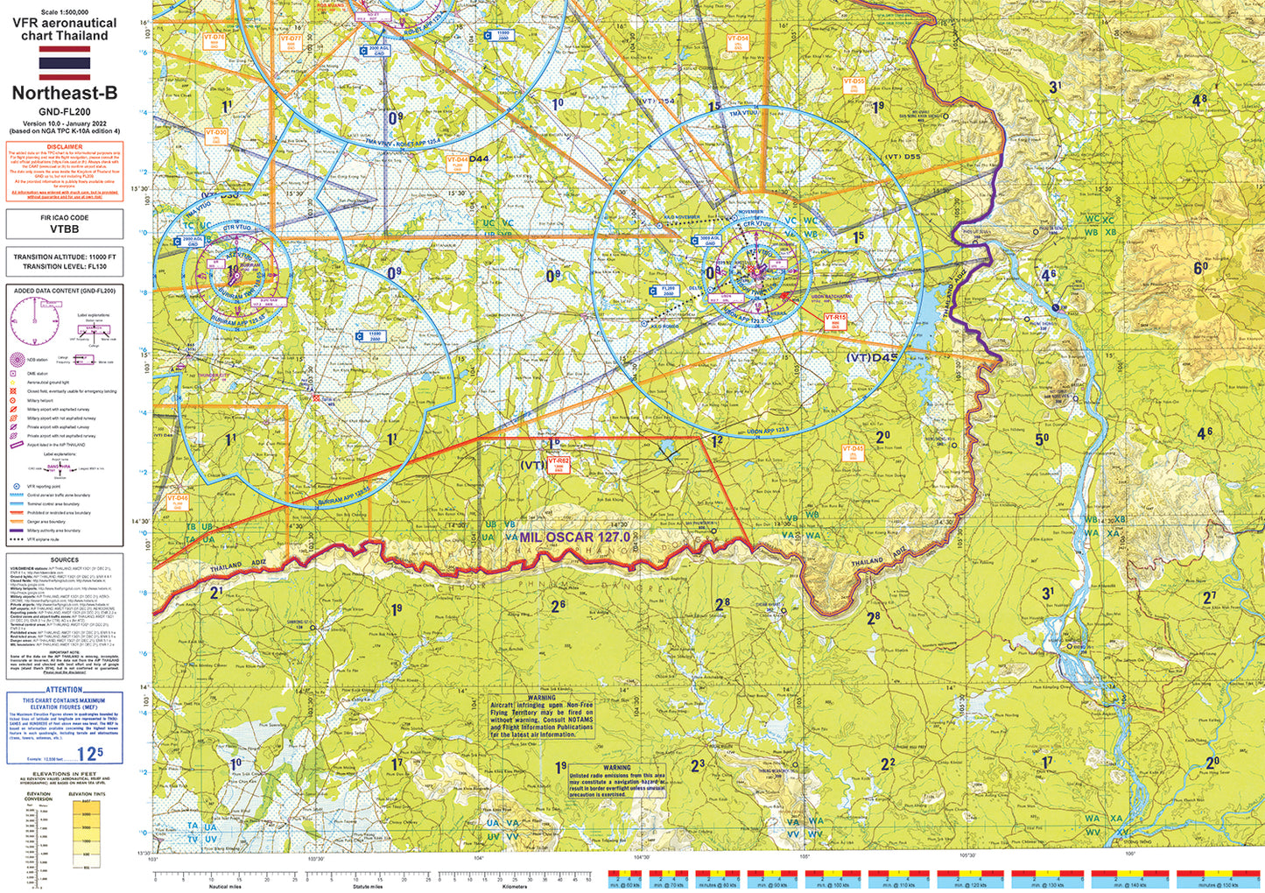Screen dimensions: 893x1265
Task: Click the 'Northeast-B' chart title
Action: (65, 93)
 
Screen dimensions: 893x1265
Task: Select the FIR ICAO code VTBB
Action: (65, 229)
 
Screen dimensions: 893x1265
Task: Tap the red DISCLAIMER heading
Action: (65, 147)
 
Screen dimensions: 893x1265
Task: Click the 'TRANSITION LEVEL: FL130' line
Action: (65, 266)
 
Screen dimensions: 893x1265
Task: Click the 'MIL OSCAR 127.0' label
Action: (574, 537)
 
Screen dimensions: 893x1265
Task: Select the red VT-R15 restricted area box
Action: (835, 321)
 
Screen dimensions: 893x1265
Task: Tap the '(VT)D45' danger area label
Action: (872, 357)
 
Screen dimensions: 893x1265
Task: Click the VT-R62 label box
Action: (559, 464)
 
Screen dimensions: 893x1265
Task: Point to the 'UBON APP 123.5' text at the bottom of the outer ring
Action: (769, 430)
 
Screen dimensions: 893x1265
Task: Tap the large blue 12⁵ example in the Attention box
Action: (89, 752)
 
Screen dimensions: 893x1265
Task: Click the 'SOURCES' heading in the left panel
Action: (65, 560)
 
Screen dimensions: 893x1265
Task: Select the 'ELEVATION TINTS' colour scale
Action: (86, 831)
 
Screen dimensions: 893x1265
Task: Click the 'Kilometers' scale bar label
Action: (516, 886)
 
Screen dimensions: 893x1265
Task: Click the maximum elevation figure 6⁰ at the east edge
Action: (1200, 269)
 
